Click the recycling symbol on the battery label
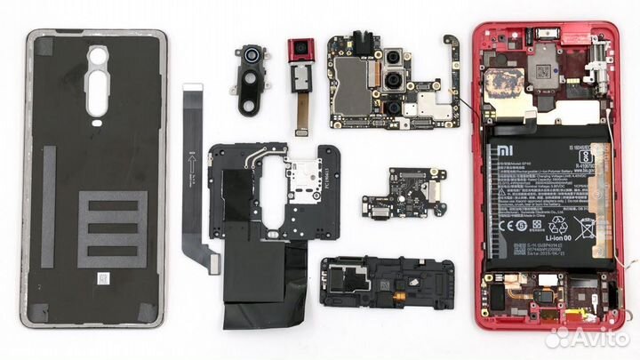(560, 228)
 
